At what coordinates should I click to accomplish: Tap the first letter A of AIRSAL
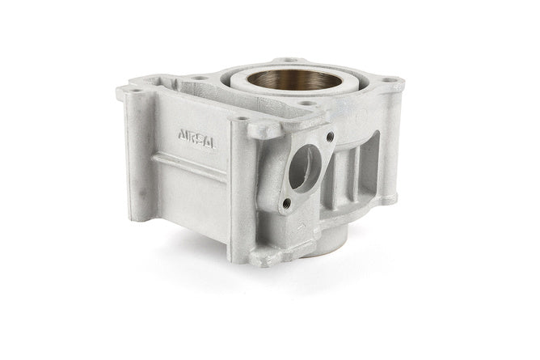tap(182, 135)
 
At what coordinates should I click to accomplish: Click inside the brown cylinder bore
tap(295, 80)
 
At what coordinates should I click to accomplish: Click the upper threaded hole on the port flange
tap(331, 137)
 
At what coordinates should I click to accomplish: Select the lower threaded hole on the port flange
tap(285, 204)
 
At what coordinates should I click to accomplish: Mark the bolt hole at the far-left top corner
tap(136, 91)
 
